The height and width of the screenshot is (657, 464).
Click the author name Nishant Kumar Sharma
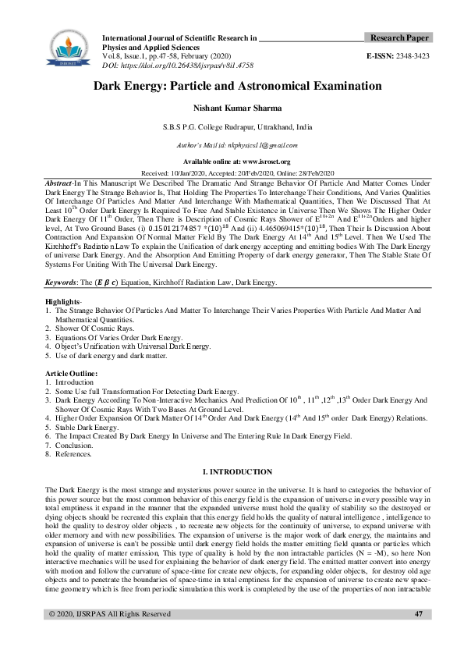232,111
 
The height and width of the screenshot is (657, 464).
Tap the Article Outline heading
71,375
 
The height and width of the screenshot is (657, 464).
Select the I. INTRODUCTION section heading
237,471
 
